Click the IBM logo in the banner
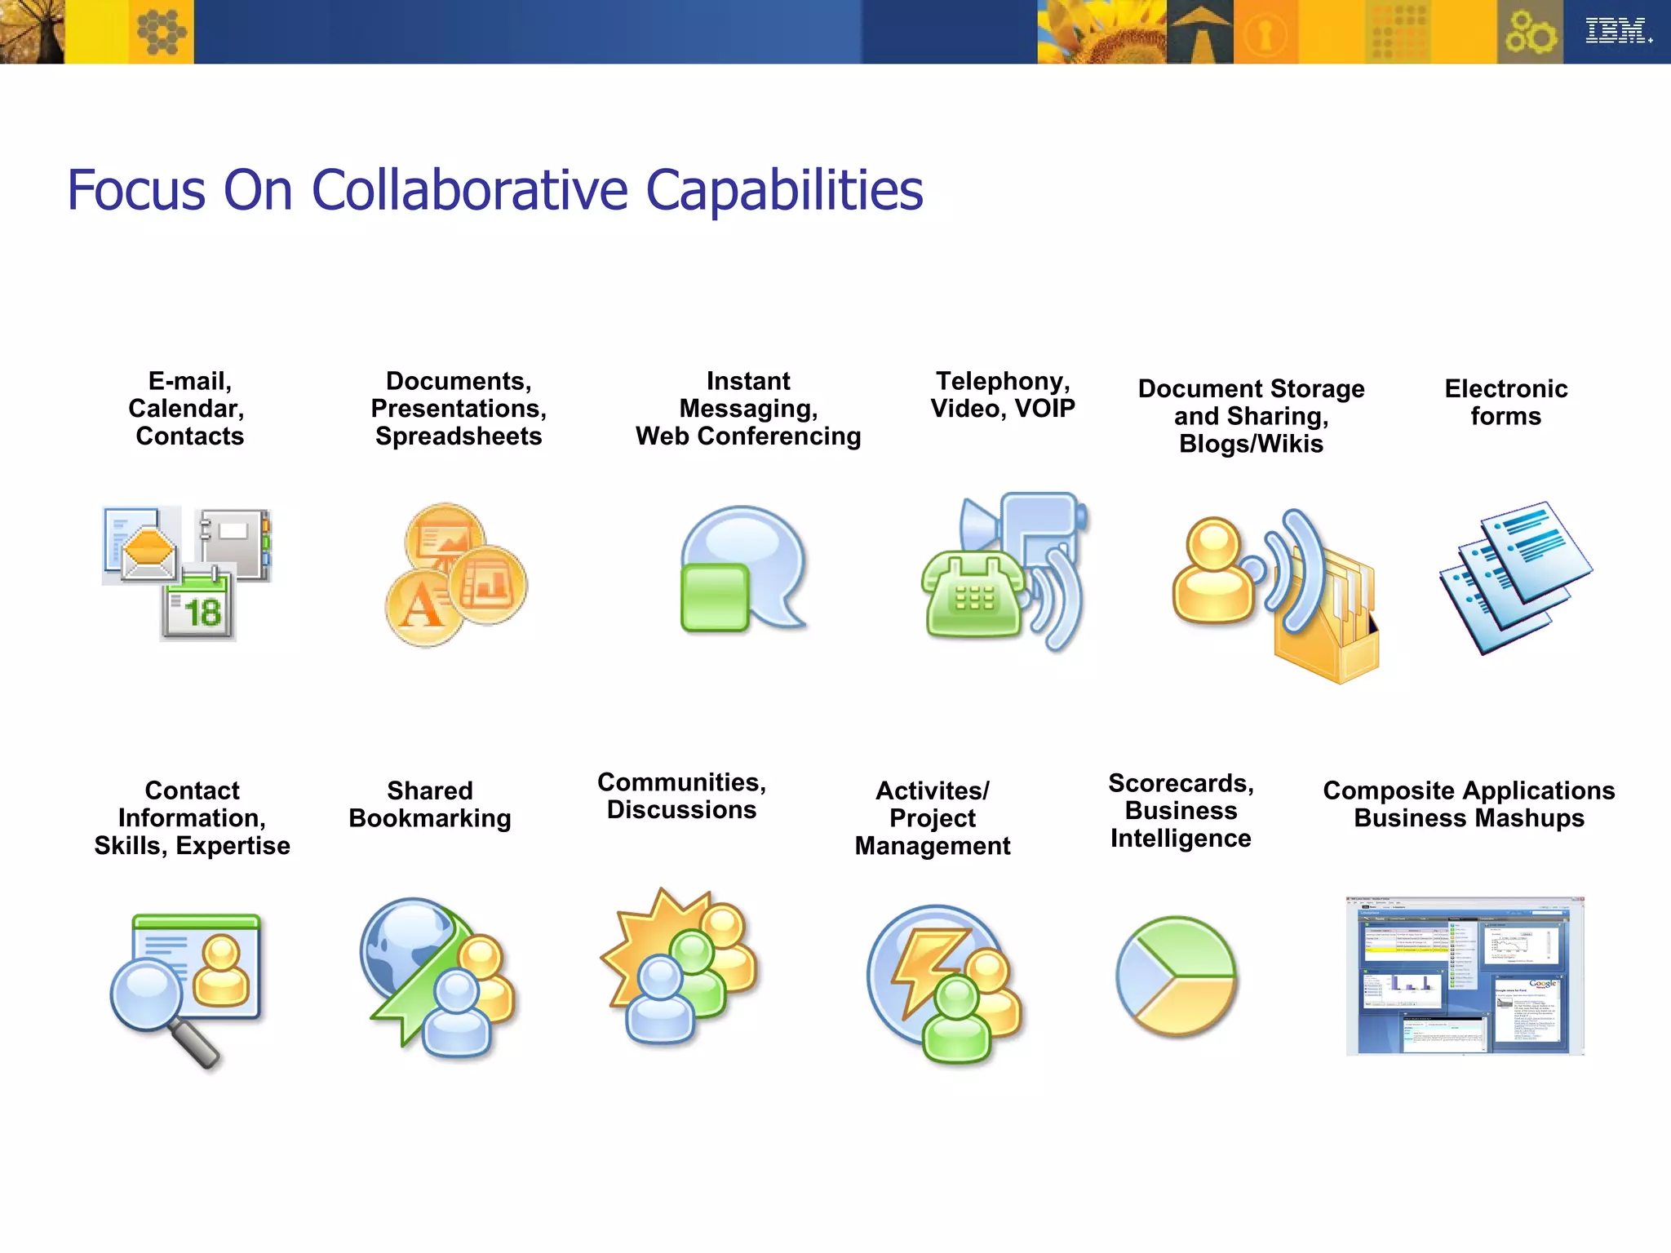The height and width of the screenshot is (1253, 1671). click(x=1617, y=31)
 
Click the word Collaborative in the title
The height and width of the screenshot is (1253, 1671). click(x=469, y=191)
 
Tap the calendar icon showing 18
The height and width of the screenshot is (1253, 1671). click(x=198, y=607)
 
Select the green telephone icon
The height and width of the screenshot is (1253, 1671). click(x=973, y=596)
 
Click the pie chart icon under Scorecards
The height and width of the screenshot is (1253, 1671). click(x=1176, y=976)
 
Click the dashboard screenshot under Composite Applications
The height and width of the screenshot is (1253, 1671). click(x=1465, y=976)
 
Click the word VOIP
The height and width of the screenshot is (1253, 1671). click(x=1044, y=409)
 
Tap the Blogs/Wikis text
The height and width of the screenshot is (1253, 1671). click(x=1251, y=444)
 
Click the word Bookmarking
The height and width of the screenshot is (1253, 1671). click(x=429, y=818)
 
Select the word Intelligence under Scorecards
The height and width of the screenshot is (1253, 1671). click(x=1180, y=839)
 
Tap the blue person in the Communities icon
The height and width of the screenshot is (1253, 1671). click(x=659, y=1000)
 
